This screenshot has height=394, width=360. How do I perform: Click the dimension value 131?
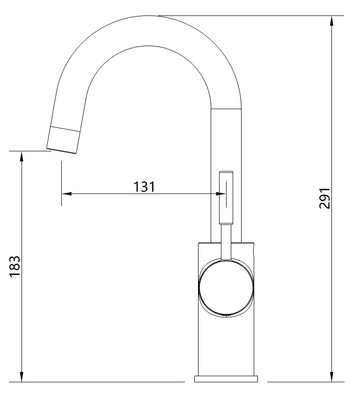(144, 186)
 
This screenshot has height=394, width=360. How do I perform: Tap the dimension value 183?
(15, 266)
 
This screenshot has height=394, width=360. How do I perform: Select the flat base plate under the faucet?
(227, 379)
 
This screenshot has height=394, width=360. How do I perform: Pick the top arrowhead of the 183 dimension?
(22, 156)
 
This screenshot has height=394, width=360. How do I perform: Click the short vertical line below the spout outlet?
(61, 183)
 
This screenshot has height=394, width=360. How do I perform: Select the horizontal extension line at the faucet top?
(253, 15)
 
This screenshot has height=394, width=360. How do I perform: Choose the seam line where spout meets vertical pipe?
(226, 109)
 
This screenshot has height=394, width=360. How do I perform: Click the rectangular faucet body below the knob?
(227, 347)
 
